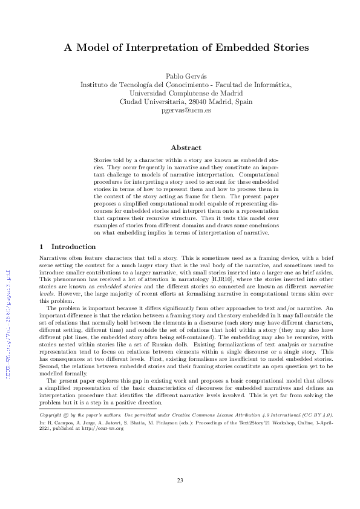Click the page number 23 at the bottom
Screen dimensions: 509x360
pos(180,481)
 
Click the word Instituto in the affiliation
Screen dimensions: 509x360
pos(95,85)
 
